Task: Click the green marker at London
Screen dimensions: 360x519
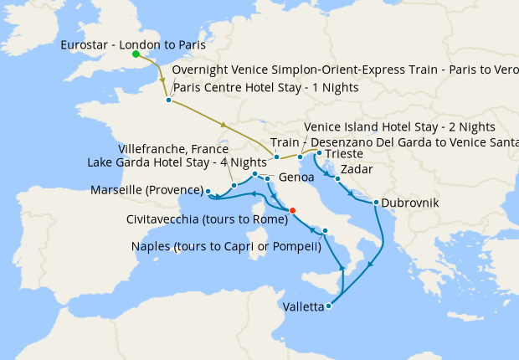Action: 136,54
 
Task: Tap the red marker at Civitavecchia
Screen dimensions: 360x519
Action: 292,210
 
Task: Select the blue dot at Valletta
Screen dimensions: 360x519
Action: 328,306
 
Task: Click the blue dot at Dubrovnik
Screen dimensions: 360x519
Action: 377,203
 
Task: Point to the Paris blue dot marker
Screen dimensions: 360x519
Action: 168,100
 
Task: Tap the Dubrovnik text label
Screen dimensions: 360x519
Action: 411,203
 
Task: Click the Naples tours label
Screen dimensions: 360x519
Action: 227,246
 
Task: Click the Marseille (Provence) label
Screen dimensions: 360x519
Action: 146,190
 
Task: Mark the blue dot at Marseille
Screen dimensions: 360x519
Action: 208,192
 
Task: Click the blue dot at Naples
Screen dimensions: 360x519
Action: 325,231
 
